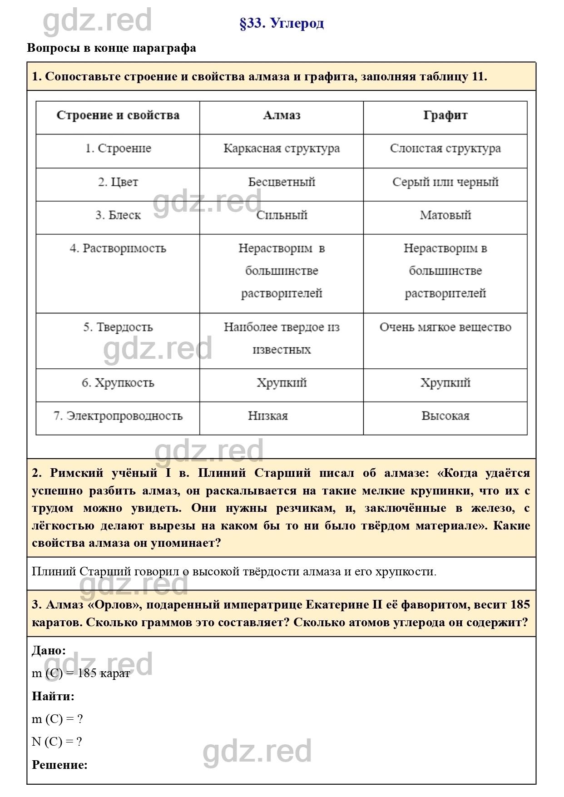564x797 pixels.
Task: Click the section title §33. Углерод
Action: click(x=282, y=23)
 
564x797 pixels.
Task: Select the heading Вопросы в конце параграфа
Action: click(x=112, y=48)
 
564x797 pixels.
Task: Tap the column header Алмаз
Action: click(x=282, y=115)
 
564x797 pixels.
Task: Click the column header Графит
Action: click(x=445, y=115)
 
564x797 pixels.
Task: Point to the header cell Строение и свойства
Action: click(x=118, y=115)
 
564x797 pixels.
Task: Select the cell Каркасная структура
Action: click(x=282, y=149)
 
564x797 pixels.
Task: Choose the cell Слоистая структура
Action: click(x=445, y=149)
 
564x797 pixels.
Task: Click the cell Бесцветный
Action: click(x=282, y=182)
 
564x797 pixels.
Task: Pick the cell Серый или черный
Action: click(x=445, y=182)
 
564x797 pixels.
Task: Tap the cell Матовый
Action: click(x=445, y=215)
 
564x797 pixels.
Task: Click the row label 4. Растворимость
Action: click(x=118, y=248)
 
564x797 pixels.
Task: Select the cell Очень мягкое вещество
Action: click(x=445, y=327)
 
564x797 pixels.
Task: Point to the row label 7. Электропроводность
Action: click(x=118, y=416)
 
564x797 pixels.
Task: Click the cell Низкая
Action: click(x=268, y=416)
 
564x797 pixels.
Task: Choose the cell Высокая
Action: click(x=445, y=416)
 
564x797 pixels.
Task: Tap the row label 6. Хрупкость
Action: click(x=118, y=383)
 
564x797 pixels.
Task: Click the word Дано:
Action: click(x=49, y=650)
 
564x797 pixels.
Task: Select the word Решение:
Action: click(x=59, y=765)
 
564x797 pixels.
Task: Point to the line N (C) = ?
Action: click(x=57, y=742)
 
